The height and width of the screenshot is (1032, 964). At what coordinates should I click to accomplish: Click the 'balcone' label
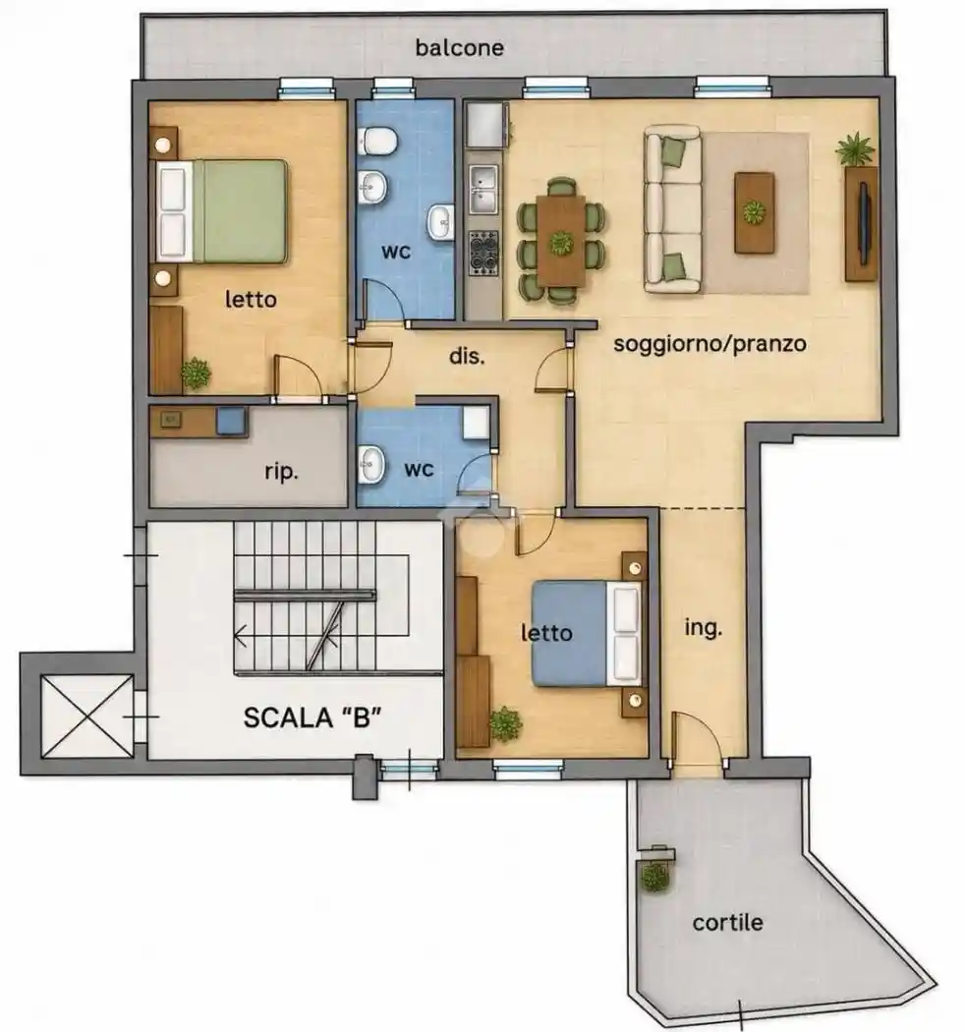click(459, 47)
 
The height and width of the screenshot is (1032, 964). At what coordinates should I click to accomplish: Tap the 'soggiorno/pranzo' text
click(709, 344)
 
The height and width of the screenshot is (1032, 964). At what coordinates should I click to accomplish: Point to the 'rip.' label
click(282, 472)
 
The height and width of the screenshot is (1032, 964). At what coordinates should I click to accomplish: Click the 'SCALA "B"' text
click(312, 717)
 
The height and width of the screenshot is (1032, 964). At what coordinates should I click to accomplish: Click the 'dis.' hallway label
click(467, 356)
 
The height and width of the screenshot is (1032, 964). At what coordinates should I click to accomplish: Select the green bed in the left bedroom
click(222, 210)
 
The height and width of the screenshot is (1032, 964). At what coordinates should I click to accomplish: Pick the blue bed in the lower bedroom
click(587, 633)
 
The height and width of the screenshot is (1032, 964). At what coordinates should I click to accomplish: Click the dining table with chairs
click(561, 242)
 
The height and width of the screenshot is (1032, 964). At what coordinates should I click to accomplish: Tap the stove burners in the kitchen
click(483, 254)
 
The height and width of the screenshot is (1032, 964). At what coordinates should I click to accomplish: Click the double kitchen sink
click(483, 190)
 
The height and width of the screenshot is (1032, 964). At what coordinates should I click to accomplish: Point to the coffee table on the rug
click(754, 212)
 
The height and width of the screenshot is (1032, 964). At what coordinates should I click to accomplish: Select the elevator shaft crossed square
click(86, 717)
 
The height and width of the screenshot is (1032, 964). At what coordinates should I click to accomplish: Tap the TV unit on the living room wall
click(862, 224)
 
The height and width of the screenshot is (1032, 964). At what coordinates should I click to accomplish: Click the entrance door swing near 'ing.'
click(698, 738)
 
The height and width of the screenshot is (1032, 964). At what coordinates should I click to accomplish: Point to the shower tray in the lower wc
click(476, 423)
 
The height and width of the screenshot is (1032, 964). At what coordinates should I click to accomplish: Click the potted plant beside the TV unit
click(855, 149)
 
